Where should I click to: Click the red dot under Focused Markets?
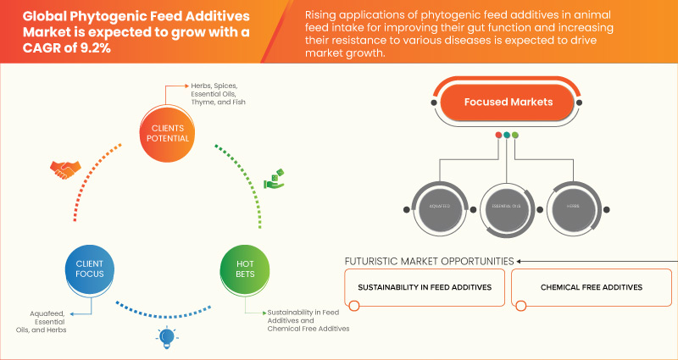pos(497,135)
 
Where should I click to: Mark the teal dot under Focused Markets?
pos(507,135)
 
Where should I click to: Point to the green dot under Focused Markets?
pos(515,135)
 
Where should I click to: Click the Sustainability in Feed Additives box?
pos(425,287)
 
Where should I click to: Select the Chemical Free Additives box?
pos(591,287)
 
